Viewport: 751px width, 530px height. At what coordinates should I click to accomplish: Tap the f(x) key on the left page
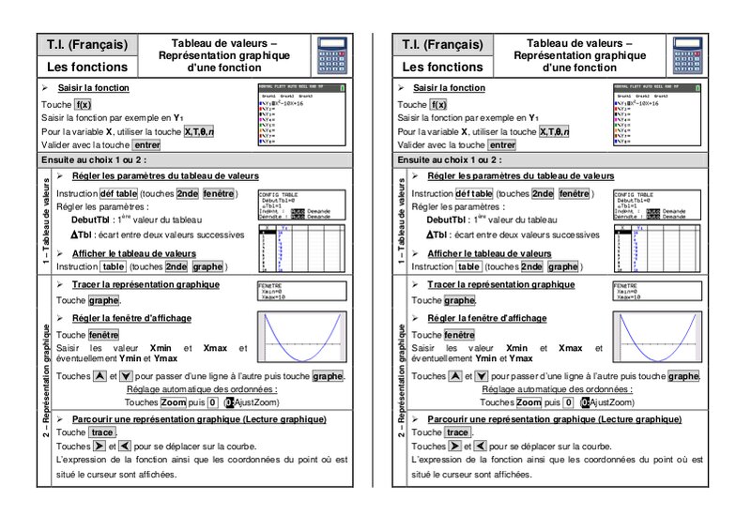(x=84, y=105)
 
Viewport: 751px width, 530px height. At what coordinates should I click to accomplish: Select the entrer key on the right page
(x=502, y=145)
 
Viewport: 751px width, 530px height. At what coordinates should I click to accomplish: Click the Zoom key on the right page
(x=529, y=401)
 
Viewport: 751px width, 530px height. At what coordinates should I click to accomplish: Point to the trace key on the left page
(x=102, y=432)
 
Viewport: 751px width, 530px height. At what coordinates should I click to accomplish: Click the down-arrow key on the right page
(x=483, y=376)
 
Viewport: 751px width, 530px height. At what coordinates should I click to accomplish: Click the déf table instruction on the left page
(x=113, y=193)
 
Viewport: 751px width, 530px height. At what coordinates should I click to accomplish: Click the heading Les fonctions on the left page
(x=87, y=68)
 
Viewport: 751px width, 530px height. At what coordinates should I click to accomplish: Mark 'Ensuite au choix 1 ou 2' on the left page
(x=94, y=160)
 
